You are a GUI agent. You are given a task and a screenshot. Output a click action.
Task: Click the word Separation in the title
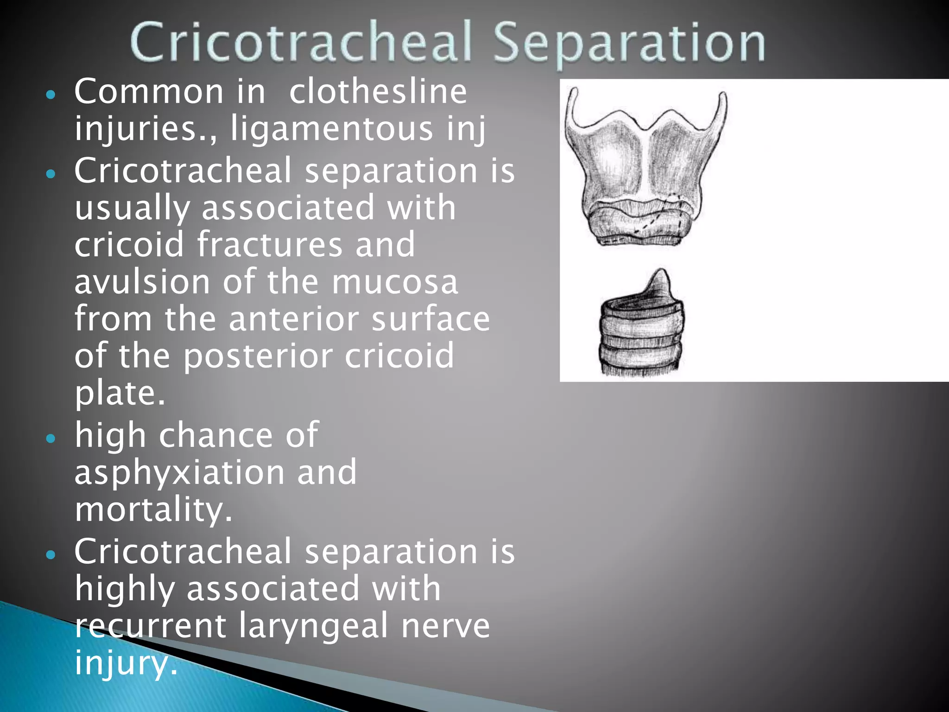(629, 43)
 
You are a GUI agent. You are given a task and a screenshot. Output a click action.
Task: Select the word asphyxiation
(179, 472)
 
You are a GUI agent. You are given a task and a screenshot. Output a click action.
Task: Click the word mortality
(153, 509)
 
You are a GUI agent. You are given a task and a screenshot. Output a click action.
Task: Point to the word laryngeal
(313, 625)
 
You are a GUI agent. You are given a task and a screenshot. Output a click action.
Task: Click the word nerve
(445, 625)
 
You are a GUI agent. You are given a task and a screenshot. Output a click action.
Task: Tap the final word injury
(125, 662)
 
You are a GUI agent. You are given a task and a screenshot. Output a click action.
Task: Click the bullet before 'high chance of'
(51, 438)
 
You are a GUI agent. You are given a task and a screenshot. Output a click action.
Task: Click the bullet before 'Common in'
(51, 95)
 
